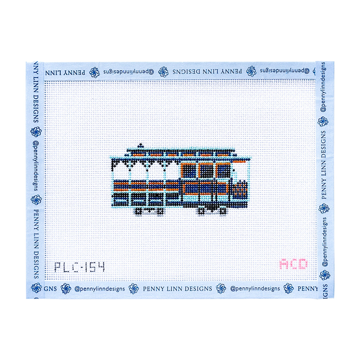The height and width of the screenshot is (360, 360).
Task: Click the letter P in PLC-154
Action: [58, 267]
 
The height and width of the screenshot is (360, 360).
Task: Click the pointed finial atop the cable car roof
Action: [140, 146]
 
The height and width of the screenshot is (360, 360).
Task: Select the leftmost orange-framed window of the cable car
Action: [188, 171]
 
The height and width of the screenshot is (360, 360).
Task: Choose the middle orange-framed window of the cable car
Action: [206, 171]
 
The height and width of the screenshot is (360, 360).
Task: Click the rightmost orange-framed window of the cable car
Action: [223, 171]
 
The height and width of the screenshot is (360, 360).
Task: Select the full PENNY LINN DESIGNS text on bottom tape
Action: [177, 289]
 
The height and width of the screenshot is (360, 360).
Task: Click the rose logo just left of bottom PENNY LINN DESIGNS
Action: [134, 288]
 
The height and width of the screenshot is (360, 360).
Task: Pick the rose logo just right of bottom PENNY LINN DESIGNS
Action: [221, 288]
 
